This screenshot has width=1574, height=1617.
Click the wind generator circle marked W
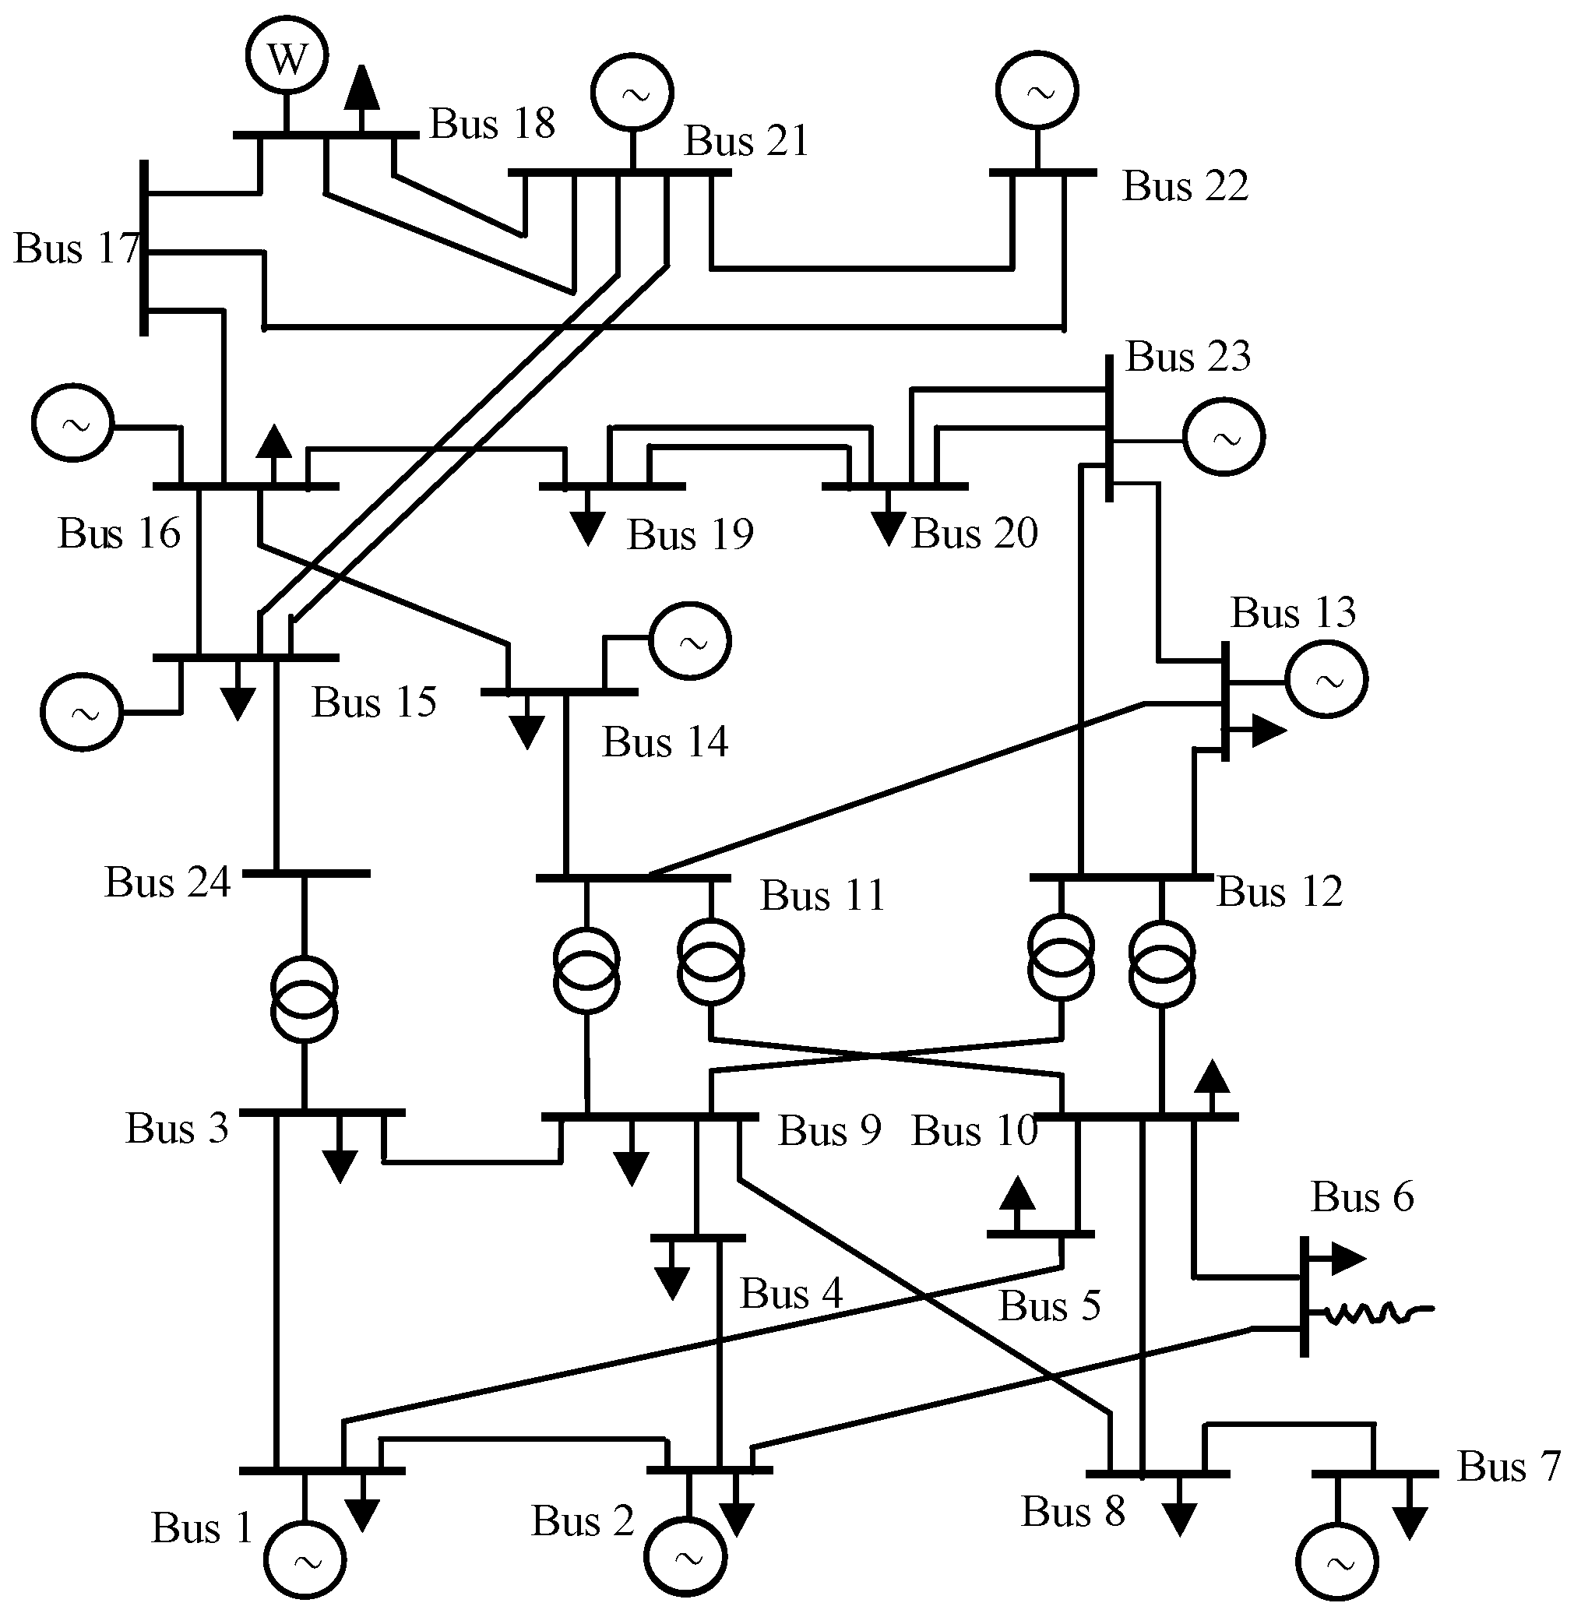coord(287,56)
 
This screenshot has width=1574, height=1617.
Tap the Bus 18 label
coord(492,124)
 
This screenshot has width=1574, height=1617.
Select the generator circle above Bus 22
coord(1037,91)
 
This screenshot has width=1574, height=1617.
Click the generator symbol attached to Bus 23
coord(1224,436)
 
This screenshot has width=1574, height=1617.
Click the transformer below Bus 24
coord(305,998)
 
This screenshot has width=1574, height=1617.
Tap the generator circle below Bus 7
coord(1336,1562)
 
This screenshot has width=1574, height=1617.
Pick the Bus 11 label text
coord(822,895)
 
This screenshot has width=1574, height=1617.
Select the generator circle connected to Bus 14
coord(690,641)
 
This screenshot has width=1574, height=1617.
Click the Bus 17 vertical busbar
coord(144,248)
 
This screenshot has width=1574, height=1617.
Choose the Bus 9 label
coord(829,1130)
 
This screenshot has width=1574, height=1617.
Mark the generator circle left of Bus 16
coord(72,422)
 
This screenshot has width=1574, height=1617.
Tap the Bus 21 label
coord(745,141)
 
